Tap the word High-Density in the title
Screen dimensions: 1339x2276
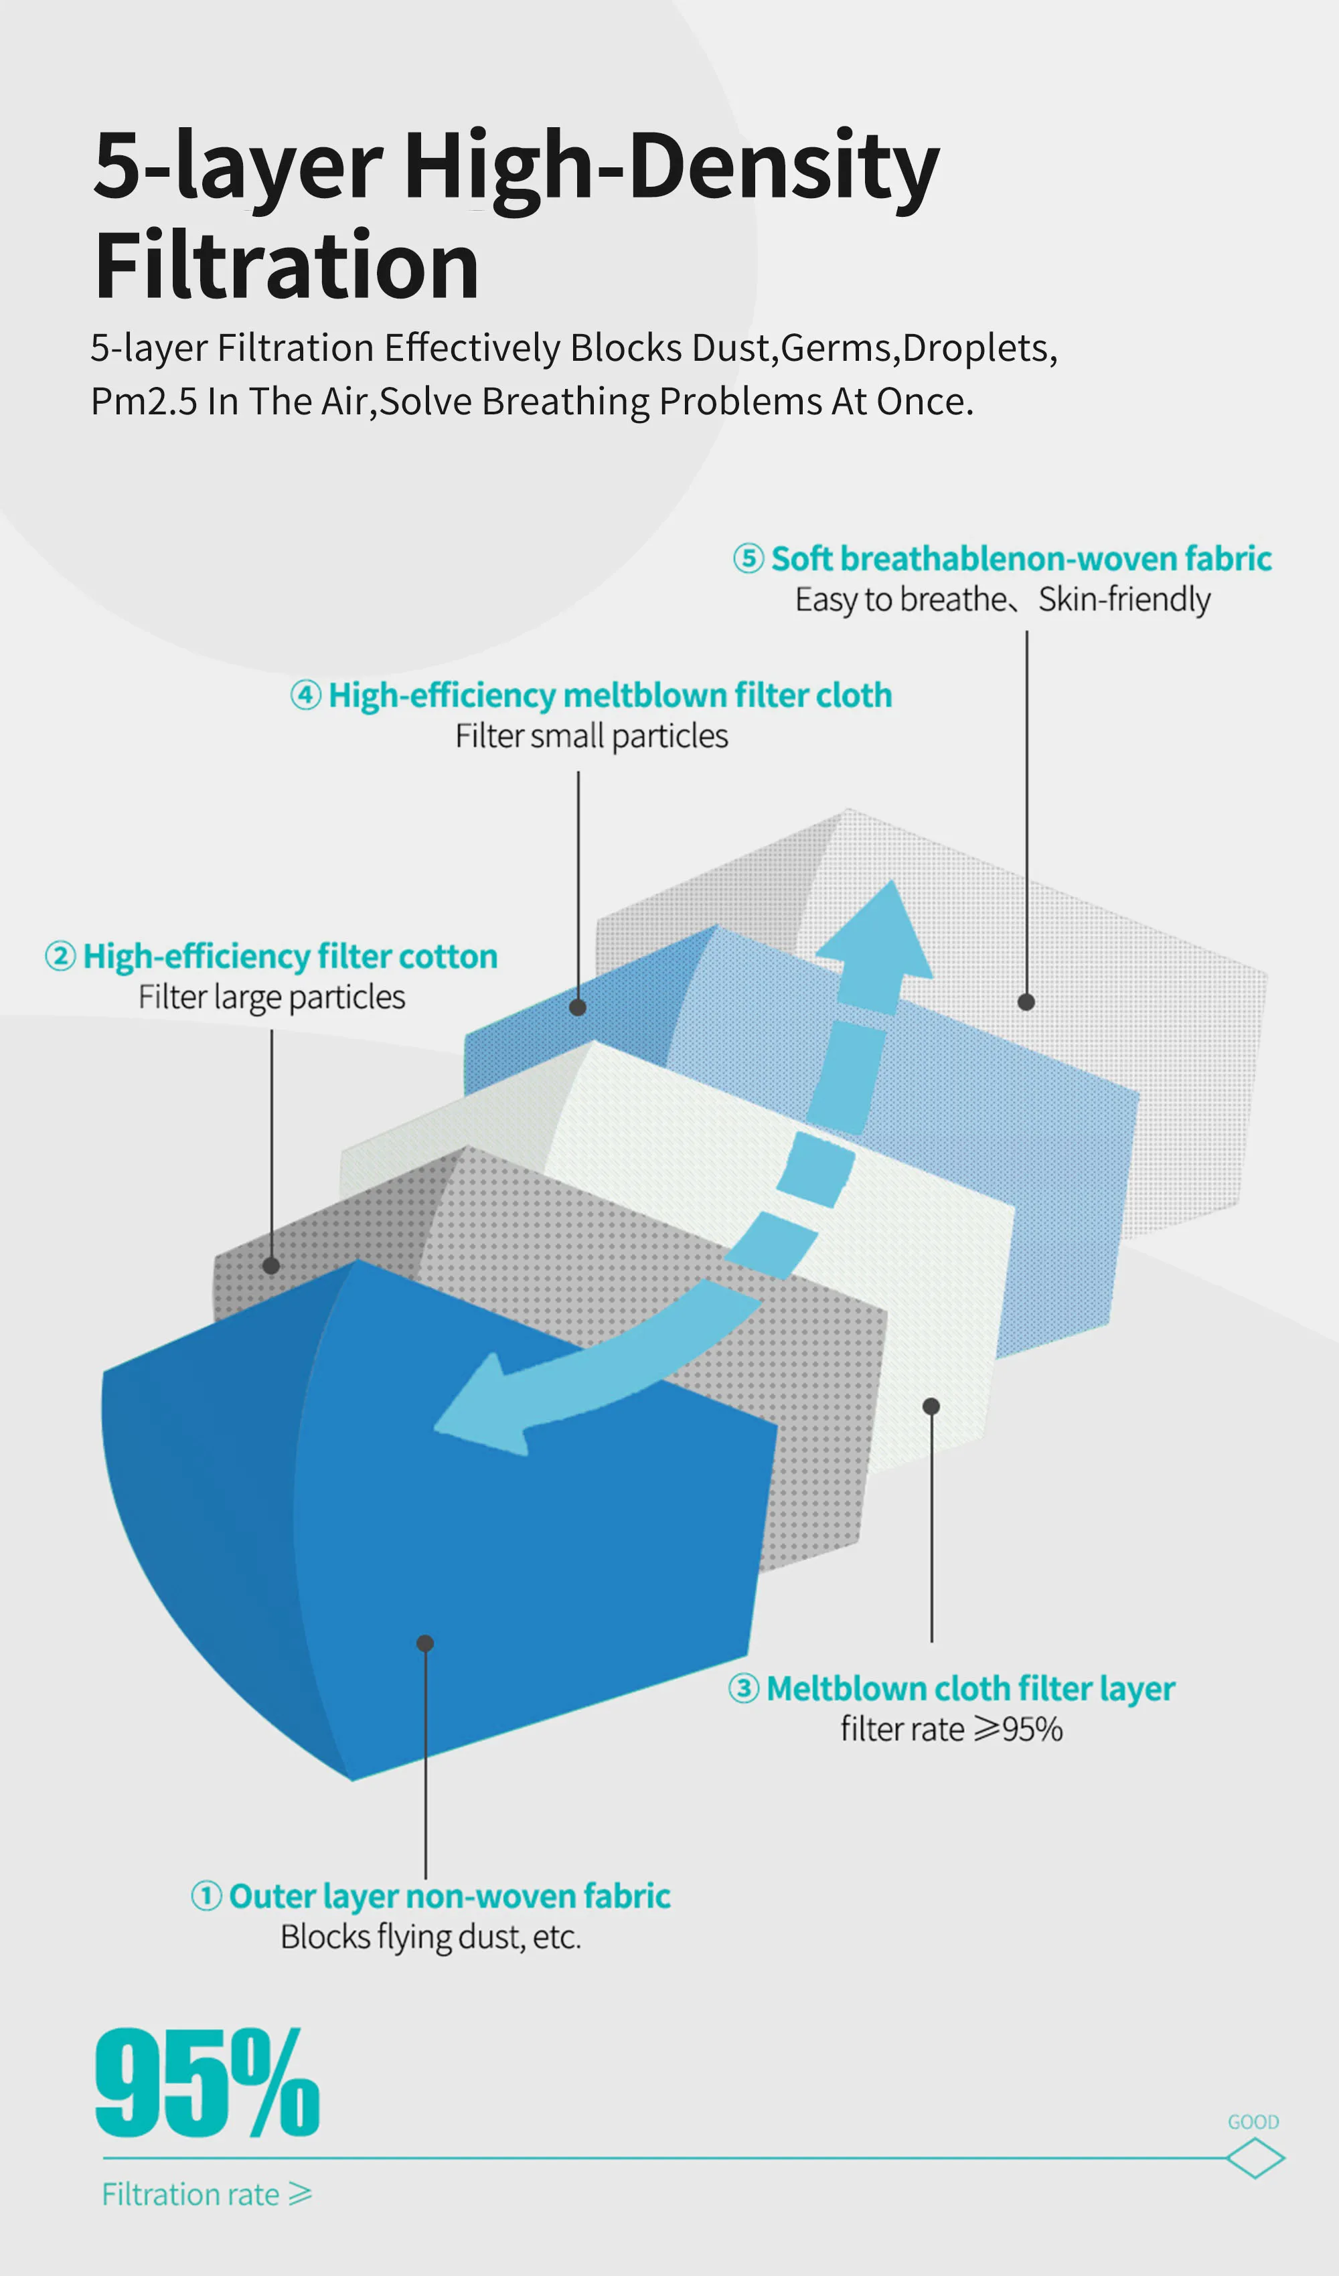coord(672,167)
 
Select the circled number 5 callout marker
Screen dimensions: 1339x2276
coord(748,558)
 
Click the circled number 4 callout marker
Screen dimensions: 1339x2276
coord(305,695)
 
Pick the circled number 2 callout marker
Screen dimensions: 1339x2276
coord(60,955)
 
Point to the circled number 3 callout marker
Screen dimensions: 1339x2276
coord(744,1688)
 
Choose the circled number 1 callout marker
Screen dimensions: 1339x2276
coord(206,1896)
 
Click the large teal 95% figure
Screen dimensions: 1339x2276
coord(207,2082)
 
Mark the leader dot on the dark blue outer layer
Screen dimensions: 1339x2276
coord(424,1643)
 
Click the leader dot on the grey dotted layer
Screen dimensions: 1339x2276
coord(271,1265)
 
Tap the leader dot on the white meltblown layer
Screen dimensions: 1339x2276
coord(931,1406)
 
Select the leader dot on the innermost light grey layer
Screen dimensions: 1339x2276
coord(1026,1001)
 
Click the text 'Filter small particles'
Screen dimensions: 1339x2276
coord(591,736)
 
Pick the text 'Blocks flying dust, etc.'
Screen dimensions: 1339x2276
coord(430,1937)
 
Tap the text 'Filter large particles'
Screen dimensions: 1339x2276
coord(271,997)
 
